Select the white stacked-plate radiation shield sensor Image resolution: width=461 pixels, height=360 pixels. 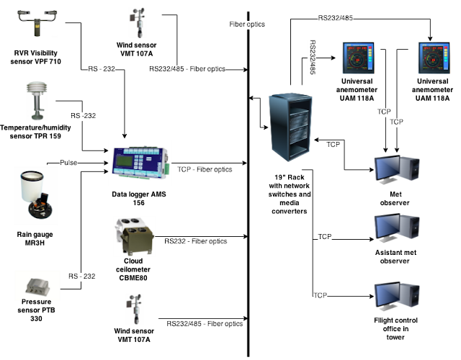(x=37, y=100)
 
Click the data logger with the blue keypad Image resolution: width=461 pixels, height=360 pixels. (x=140, y=163)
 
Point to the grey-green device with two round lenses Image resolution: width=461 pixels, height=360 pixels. (x=134, y=235)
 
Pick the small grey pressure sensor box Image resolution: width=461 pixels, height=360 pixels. (x=37, y=285)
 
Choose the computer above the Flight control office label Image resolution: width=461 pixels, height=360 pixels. (x=395, y=297)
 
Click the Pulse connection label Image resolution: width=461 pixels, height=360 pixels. (x=68, y=163)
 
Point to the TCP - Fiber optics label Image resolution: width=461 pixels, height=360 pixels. (x=205, y=170)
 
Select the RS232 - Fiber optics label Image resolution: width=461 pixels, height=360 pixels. (x=196, y=242)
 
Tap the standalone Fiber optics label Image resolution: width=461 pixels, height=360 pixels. (x=247, y=24)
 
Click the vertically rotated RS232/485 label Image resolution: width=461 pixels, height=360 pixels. (x=312, y=58)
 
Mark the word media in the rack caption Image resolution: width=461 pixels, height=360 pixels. (x=289, y=203)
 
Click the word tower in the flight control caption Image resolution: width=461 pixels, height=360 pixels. (x=395, y=337)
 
